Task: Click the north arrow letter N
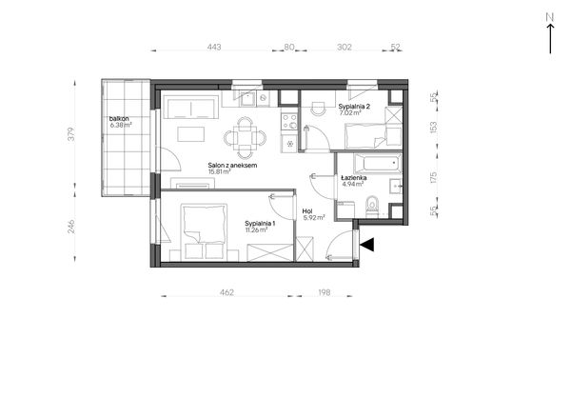[550, 17]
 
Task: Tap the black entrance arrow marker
[367, 245]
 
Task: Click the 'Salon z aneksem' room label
[232, 165]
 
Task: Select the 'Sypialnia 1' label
[260, 223]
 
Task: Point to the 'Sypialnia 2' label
[354, 107]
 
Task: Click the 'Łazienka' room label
[354, 178]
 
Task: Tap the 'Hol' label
[307, 211]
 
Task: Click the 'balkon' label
[119, 119]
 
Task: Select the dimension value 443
[214, 47]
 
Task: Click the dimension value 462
[226, 292]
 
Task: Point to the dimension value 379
[71, 133]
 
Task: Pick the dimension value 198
[324, 292]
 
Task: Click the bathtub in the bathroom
[377, 163]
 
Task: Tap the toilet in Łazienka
[372, 206]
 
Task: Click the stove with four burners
[289, 121]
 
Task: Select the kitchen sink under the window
[246, 98]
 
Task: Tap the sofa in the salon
[190, 108]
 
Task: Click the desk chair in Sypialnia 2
[319, 109]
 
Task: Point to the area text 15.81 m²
[219, 171]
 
